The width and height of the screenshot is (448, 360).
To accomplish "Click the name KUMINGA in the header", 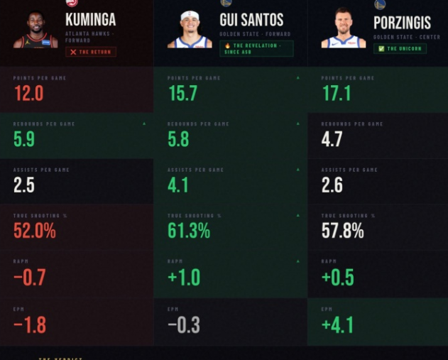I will (90, 20).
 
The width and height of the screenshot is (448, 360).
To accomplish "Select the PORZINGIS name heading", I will (402, 23).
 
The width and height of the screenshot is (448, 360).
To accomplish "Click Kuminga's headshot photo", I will (35, 30).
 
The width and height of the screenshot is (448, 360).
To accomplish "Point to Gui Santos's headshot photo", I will (190, 30).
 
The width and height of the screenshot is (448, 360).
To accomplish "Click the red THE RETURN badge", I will (90, 52).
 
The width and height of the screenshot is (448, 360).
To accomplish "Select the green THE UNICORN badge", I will (401, 48).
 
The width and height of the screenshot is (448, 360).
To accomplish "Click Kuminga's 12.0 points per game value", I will (28, 93).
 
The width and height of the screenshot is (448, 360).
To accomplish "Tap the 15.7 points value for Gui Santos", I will (182, 93).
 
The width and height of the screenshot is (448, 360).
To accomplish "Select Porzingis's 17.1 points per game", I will (336, 93).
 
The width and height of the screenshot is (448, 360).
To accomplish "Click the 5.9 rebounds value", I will (23, 139).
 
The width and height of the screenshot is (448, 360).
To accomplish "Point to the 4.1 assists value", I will (178, 185).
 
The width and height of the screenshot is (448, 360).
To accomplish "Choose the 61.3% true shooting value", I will (189, 231).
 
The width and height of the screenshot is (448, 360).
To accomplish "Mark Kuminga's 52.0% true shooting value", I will (35, 231).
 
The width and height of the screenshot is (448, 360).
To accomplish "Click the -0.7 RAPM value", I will (30, 278).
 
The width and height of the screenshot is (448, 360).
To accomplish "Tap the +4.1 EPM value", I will (337, 324).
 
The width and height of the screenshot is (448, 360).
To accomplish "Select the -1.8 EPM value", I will (30, 324).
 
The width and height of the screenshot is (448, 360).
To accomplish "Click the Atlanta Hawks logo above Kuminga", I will (71, 4).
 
